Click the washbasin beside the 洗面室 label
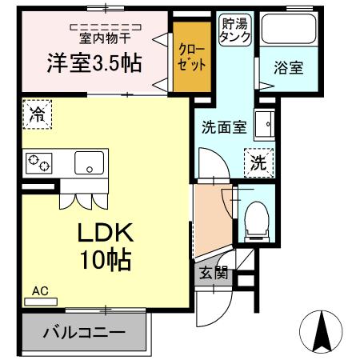click(x=265, y=125)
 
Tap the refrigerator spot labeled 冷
click(x=37, y=114)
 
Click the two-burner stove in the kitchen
click(x=38, y=162)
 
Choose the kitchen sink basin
click(x=90, y=163)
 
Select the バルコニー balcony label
click(x=84, y=331)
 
